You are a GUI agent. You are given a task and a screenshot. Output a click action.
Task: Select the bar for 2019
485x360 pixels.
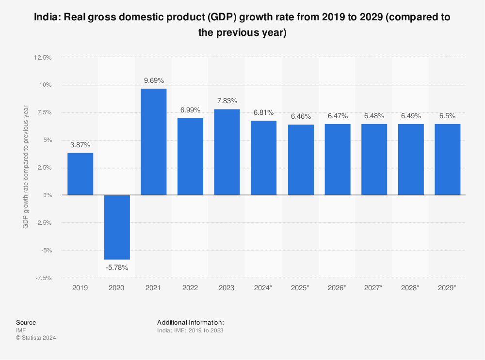[x=80, y=174]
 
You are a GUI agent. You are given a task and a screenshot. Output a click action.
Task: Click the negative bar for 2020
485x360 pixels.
[x=117, y=227]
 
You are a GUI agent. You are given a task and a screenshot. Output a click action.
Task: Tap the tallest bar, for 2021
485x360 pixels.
[x=154, y=141]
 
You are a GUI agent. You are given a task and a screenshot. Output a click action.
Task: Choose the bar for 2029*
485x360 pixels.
[x=447, y=159]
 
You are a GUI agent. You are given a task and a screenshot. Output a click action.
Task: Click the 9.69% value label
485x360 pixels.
[x=154, y=80]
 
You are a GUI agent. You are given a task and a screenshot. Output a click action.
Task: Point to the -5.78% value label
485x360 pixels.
[x=117, y=267]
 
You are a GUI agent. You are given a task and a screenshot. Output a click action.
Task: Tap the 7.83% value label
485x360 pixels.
[x=227, y=101]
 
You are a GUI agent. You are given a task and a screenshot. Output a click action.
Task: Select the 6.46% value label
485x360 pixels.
[x=301, y=116]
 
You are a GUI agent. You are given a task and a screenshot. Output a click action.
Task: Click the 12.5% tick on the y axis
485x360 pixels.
[x=43, y=57]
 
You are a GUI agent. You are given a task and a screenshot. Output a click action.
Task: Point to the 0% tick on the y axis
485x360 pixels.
[x=47, y=195]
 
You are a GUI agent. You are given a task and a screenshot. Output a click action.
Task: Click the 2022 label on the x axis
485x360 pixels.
[x=190, y=288]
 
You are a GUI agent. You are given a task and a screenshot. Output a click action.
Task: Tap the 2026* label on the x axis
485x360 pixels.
[x=337, y=288]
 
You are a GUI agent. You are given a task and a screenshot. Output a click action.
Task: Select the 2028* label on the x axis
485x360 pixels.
[x=410, y=288]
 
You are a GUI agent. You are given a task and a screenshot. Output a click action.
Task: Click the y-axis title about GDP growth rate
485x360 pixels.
[x=26, y=167]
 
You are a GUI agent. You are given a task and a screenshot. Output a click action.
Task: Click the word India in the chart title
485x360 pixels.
[x=47, y=18]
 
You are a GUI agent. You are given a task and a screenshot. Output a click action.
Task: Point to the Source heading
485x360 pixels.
[x=26, y=322]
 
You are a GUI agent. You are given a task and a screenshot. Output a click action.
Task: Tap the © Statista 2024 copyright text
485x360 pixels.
[x=36, y=338]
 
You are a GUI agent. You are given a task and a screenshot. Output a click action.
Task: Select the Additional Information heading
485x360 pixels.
[x=191, y=322]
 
